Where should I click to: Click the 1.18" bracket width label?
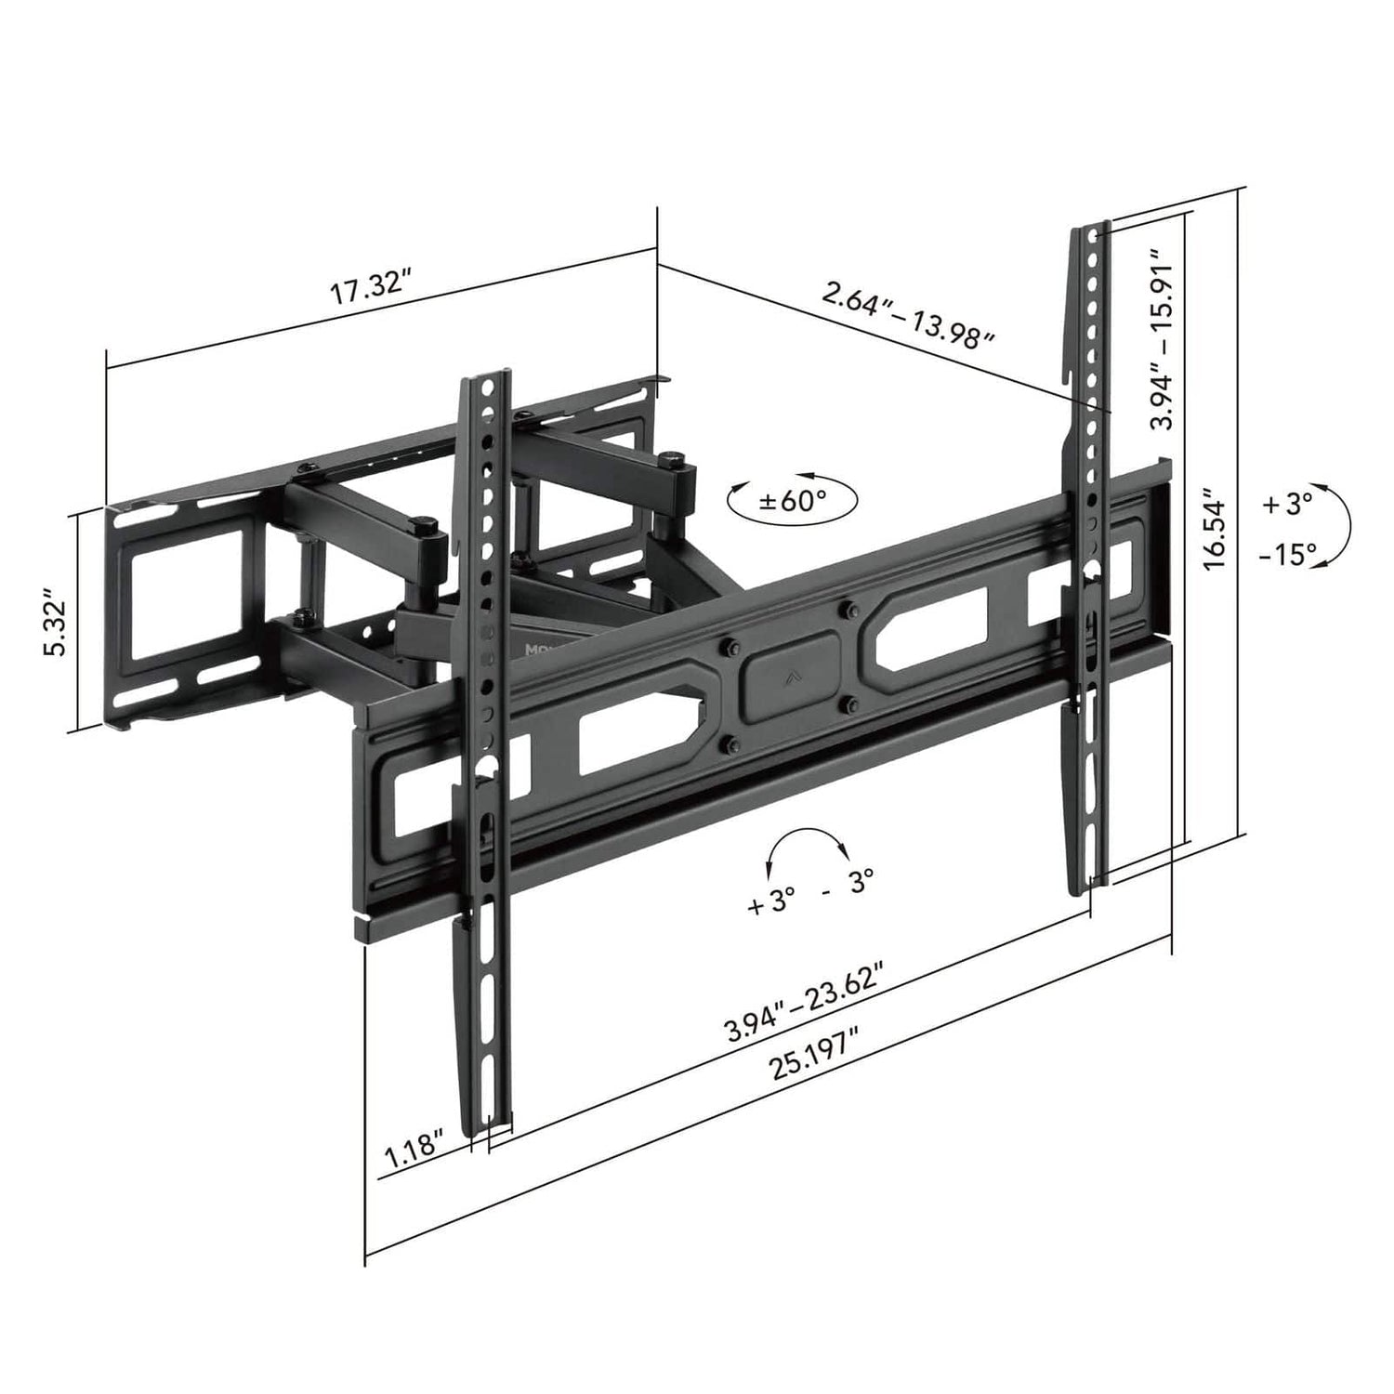[414, 1154]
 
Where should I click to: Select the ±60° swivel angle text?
[793, 501]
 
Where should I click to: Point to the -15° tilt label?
[1288, 555]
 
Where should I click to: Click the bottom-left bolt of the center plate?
[729, 743]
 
